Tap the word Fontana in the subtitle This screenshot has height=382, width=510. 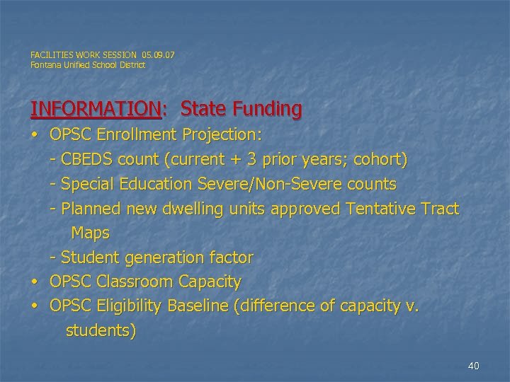click(x=45, y=65)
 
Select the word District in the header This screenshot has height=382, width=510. click(x=130, y=65)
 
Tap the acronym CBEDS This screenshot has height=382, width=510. click(x=88, y=160)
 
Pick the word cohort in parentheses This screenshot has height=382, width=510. click(x=380, y=160)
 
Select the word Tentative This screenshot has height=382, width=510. click(x=383, y=209)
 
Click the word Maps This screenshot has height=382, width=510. click(x=90, y=233)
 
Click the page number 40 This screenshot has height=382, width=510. click(x=474, y=366)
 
